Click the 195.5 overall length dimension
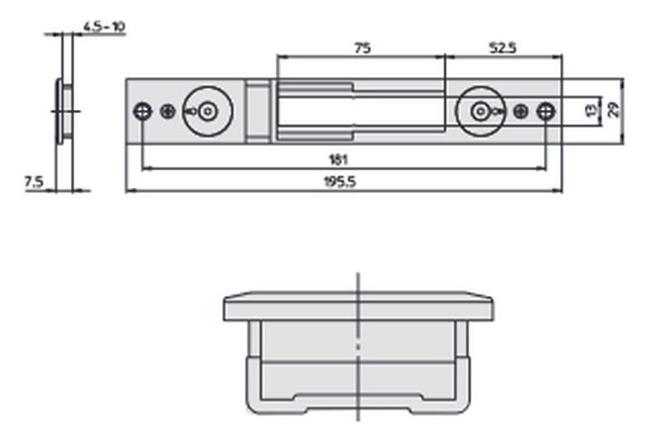341,183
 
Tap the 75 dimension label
362,49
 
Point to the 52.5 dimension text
502,49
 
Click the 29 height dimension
613,110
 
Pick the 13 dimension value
590,110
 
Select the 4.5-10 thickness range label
104,26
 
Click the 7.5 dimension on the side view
33,182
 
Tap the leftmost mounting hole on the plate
143,111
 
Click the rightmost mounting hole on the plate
545,111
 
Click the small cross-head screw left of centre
169,111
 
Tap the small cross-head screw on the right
520,111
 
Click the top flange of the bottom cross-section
358,307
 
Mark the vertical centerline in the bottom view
358,347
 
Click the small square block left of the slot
258,109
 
